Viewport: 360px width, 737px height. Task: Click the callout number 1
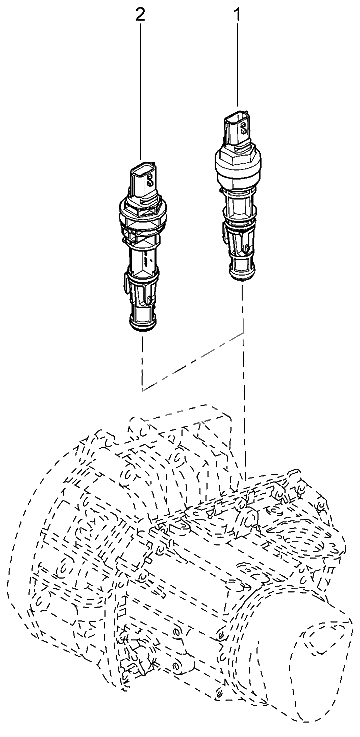(x=237, y=15)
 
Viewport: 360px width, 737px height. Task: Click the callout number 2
(x=140, y=15)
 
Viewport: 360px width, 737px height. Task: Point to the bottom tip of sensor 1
(x=243, y=278)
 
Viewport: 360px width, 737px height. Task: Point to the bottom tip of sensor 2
(x=142, y=327)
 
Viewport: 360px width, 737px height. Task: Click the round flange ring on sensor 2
(x=142, y=214)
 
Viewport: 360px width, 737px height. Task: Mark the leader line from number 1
(x=237, y=64)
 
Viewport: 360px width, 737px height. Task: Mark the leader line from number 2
(x=140, y=90)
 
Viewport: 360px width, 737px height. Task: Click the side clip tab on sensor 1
(x=223, y=233)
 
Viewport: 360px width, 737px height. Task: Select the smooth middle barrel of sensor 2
(x=143, y=260)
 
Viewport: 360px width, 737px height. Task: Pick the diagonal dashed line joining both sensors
(x=193, y=361)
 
